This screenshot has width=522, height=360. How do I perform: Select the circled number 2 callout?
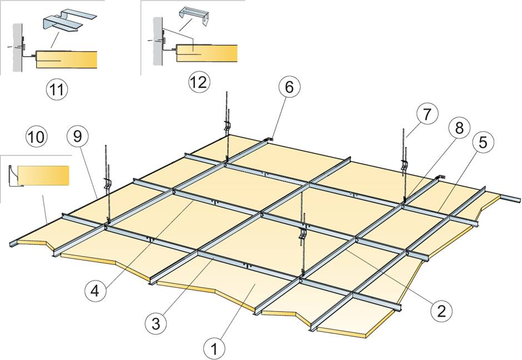click(440, 309)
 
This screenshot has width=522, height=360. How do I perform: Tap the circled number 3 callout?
click(156, 322)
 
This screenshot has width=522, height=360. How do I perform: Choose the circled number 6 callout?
click(292, 87)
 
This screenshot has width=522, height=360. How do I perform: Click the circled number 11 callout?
click(54, 90)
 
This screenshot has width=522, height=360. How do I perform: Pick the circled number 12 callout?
click(198, 82)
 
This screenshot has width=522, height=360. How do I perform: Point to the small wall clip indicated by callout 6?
click(270, 137)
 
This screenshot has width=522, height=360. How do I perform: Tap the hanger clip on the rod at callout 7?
click(404, 165)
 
